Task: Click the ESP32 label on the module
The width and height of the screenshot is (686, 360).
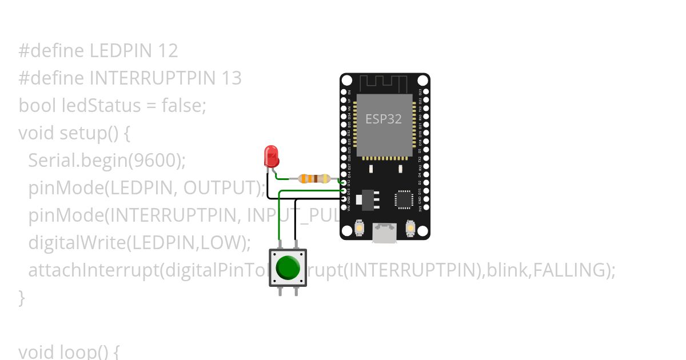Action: [384, 119]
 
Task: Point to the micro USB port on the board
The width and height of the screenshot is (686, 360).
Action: [384, 233]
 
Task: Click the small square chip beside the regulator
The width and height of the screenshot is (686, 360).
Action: [404, 199]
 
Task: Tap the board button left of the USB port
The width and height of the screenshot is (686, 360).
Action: [359, 228]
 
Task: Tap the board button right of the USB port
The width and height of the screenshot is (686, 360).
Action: [410, 228]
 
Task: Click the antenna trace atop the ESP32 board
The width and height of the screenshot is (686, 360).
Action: [384, 84]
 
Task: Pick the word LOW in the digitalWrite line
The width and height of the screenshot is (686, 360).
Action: [222, 242]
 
